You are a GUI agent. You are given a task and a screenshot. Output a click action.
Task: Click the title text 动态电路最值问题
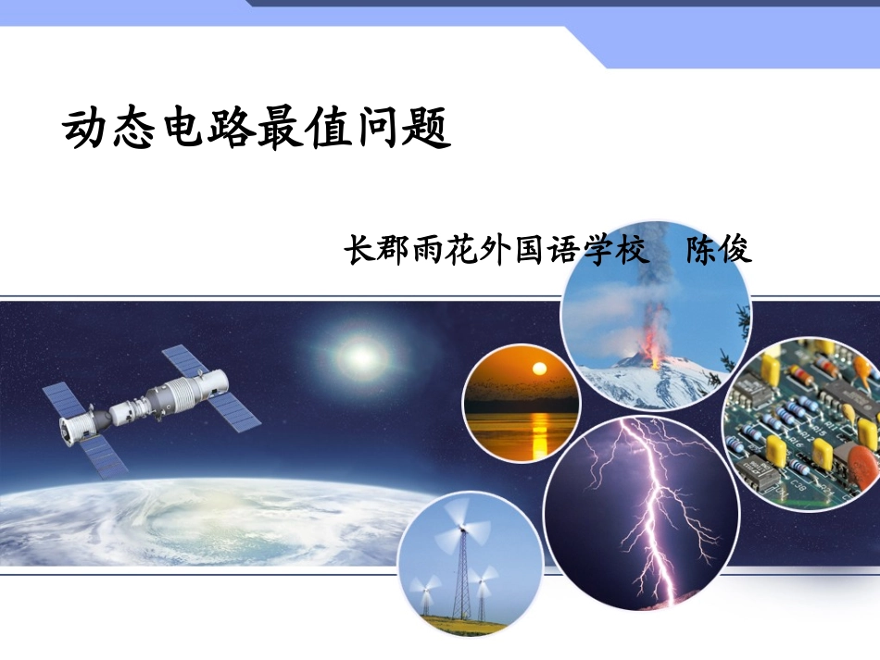257,129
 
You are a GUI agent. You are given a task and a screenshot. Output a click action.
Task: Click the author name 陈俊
718,250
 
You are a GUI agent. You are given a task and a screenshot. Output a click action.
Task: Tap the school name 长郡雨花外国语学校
497,250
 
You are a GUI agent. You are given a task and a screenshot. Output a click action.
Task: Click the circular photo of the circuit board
801,421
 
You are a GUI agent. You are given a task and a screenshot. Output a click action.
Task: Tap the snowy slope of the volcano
648,384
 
